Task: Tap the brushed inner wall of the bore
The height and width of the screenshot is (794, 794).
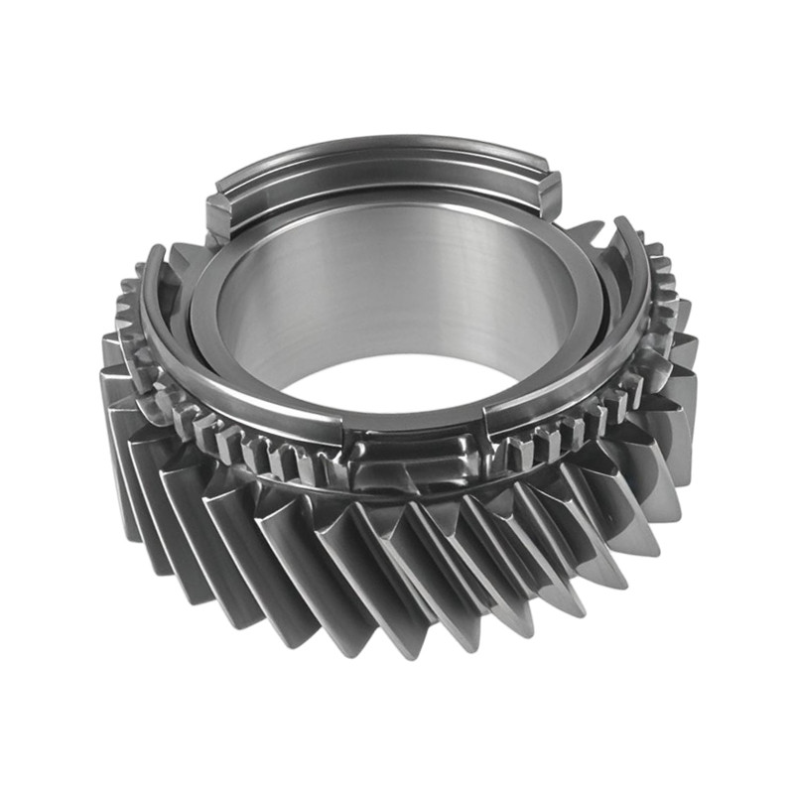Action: point(397,288)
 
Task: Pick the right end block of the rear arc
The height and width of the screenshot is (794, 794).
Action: point(549,190)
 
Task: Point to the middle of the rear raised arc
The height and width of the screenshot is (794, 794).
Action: point(382,159)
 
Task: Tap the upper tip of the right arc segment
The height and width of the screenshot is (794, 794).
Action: point(623,226)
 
